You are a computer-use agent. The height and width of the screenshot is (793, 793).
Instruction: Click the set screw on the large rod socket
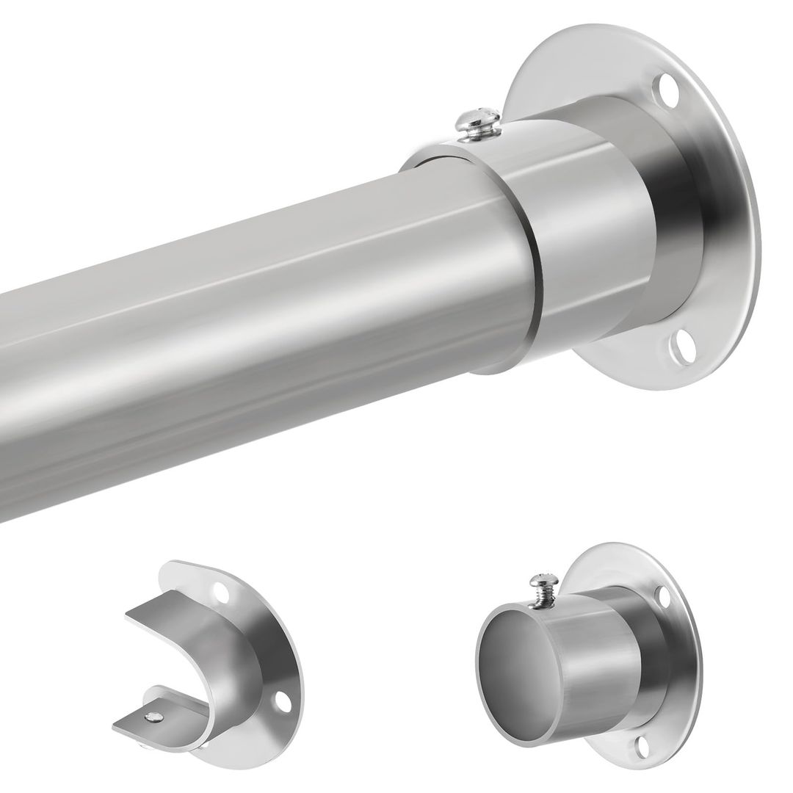(x=477, y=122)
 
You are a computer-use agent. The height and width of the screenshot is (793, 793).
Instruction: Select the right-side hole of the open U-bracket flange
(x=281, y=701)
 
